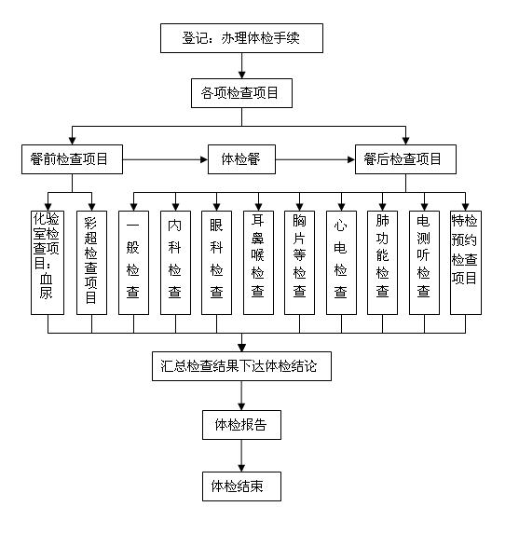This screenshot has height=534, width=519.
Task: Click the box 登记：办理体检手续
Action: (241, 38)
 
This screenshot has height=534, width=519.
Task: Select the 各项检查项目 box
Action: (241, 93)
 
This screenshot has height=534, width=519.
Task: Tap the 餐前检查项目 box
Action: (72, 159)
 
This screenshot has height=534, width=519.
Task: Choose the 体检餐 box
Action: (241, 159)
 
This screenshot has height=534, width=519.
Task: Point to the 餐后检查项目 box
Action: (405, 159)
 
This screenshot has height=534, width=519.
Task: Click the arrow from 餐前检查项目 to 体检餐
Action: (165, 159)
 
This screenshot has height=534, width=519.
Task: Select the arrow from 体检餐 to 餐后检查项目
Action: (315, 159)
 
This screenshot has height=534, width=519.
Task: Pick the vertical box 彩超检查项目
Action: (91, 263)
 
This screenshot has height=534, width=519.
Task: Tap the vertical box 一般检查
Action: (133, 263)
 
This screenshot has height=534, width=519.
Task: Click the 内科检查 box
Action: (175, 263)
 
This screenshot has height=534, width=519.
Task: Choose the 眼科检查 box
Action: (216, 263)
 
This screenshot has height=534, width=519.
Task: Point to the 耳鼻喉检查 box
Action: (258, 263)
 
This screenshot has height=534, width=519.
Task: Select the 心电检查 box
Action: (341, 263)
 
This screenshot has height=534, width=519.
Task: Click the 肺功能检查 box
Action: (382, 263)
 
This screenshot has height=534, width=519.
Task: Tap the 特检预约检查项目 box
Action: (466, 263)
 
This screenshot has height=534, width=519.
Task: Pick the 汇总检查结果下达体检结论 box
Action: (241, 366)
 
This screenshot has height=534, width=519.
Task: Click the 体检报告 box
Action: (241, 425)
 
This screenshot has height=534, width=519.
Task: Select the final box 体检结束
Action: (241, 486)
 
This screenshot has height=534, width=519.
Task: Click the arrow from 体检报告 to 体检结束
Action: (241, 456)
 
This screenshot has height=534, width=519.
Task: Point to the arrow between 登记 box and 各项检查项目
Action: (241, 66)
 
